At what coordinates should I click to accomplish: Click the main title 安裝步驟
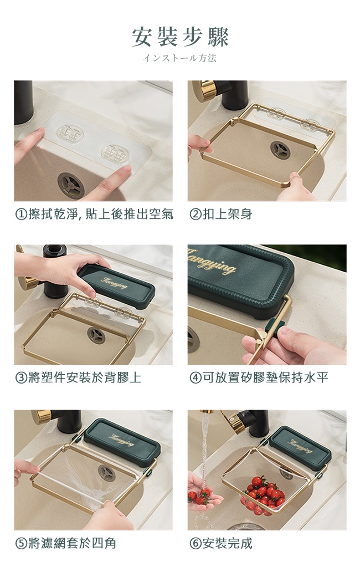tap(180, 37)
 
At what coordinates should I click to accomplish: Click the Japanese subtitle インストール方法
tap(180, 58)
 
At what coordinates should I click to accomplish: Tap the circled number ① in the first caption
tap(21, 214)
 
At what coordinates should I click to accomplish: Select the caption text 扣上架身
tap(228, 214)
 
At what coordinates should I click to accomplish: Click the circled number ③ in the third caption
tap(21, 377)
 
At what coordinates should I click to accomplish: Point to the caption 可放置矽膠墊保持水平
tap(265, 377)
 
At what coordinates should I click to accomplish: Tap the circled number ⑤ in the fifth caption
tap(21, 543)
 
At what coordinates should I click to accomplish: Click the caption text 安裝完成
tap(228, 543)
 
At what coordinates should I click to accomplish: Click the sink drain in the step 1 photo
tap(71, 185)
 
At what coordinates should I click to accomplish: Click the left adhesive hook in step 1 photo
tap(70, 134)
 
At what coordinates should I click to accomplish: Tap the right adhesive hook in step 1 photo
tap(116, 153)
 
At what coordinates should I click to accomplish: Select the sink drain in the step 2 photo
tap(280, 150)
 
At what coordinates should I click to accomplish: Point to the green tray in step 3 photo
tap(117, 285)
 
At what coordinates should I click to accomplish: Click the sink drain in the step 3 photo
tap(96, 335)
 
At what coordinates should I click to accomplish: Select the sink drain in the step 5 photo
tap(107, 473)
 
